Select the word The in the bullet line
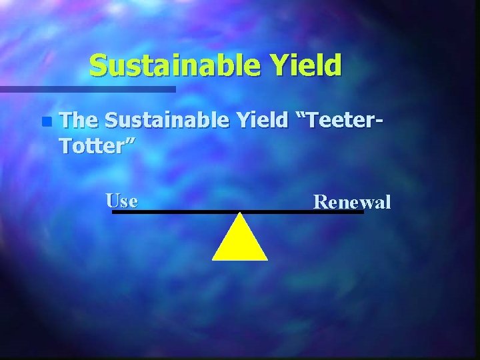[79, 120]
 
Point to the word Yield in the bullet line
[263, 120]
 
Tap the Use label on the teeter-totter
[122, 200]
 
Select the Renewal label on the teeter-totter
[352, 201]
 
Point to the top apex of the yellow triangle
[240, 214]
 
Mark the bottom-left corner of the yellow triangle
[213, 259]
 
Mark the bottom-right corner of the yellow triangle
[267, 259]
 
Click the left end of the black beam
[114, 212]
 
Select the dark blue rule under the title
[87, 89]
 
